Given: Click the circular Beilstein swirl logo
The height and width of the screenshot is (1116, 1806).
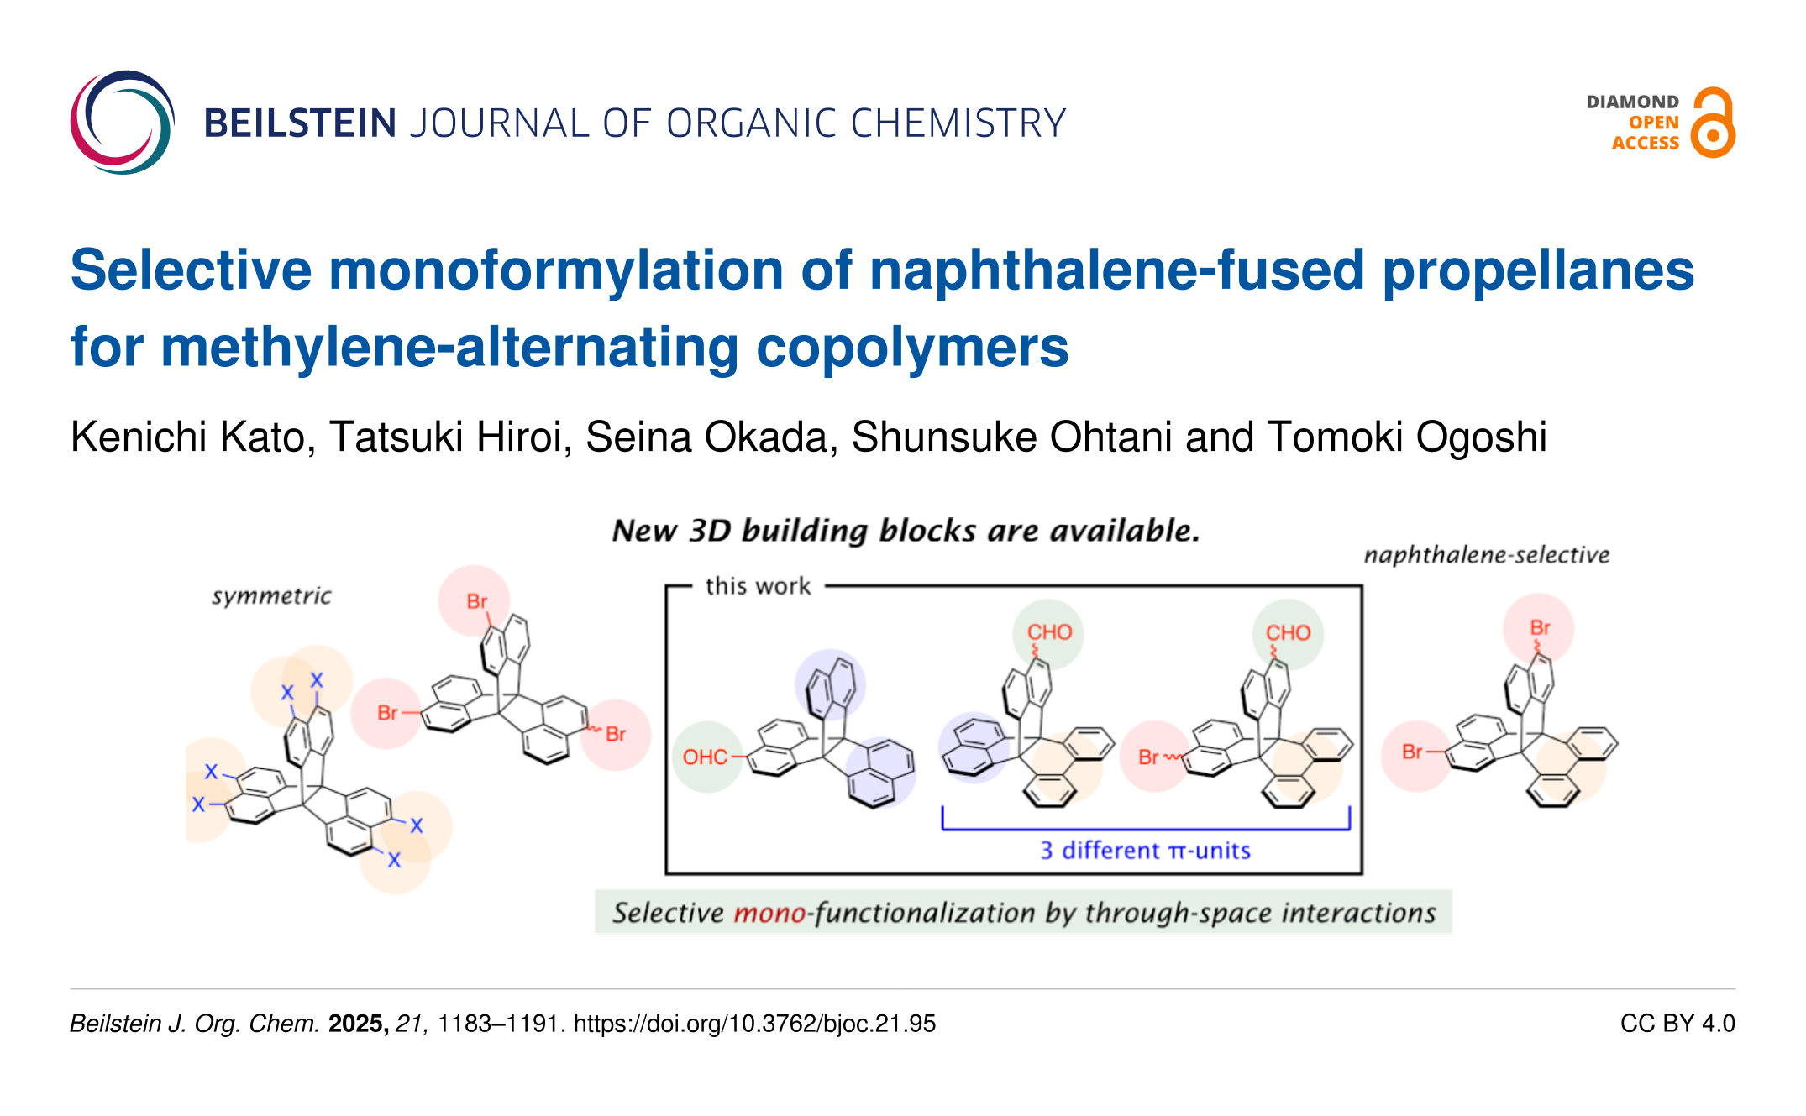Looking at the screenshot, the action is [123, 123].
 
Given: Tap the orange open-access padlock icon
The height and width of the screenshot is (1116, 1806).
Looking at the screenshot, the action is [1713, 123].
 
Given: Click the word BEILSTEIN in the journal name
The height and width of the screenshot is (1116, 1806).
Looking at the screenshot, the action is [300, 123].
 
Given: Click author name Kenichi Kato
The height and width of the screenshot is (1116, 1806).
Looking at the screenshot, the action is [192, 437].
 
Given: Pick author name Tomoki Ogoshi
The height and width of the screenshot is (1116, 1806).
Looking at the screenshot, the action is [1407, 437].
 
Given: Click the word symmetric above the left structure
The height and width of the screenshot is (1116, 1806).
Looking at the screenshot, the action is [271, 596].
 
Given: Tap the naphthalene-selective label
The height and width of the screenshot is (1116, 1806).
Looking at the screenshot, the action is [1487, 555].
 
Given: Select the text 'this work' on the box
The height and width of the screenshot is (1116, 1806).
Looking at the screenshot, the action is [759, 586].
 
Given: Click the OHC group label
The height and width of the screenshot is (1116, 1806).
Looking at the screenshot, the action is [705, 757].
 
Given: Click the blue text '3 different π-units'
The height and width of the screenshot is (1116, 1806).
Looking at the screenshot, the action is [1146, 851].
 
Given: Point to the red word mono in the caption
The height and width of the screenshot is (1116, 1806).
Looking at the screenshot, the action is [769, 913].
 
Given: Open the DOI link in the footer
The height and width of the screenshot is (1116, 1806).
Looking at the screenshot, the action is [754, 1024].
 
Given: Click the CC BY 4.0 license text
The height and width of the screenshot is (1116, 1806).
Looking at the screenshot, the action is [1677, 1024].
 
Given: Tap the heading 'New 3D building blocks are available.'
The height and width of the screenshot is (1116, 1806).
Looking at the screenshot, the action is [906, 531].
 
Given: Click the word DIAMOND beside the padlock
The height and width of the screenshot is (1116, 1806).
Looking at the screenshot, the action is [1632, 102].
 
